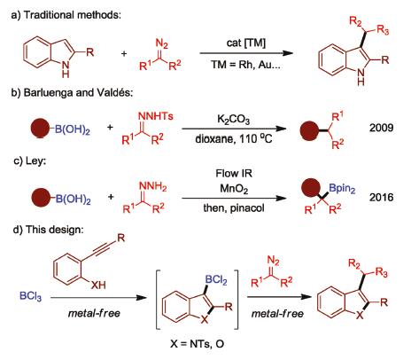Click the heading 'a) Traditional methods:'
tap(66, 15)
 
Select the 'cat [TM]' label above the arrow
tap(246, 43)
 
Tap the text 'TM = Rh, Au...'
tap(245, 64)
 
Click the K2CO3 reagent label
tap(233, 119)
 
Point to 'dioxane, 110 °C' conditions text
tap(234, 138)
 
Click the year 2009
tap(381, 128)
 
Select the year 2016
tap(381, 197)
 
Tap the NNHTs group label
tap(156, 116)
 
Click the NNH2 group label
tap(152, 186)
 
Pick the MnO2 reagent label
tap(234, 189)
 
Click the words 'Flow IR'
tap(234, 173)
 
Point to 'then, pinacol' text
tap(234, 208)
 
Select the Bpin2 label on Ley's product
tap(342, 188)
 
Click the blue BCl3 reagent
tap(30, 296)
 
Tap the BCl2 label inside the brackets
tap(216, 279)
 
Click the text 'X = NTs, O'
tap(197, 344)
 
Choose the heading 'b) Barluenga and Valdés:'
tap(72, 92)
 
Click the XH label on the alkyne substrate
tap(98, 285)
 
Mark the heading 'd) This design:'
tap(48, 230)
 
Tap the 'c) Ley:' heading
tap(30, 161)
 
